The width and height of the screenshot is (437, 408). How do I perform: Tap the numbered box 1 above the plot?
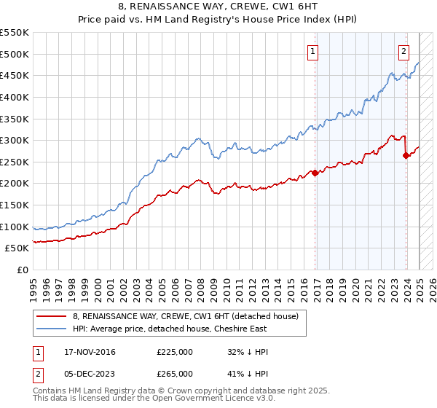tap(312, 51)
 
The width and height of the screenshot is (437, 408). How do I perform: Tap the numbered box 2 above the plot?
tap(403, 51)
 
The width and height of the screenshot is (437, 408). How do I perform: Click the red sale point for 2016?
tap(315, 173)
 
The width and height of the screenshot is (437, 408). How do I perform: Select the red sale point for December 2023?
tap(406, 155)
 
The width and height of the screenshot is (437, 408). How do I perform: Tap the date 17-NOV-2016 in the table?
tap(90, 352)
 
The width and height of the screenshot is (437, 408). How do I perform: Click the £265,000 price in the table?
tap(175, 374)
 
